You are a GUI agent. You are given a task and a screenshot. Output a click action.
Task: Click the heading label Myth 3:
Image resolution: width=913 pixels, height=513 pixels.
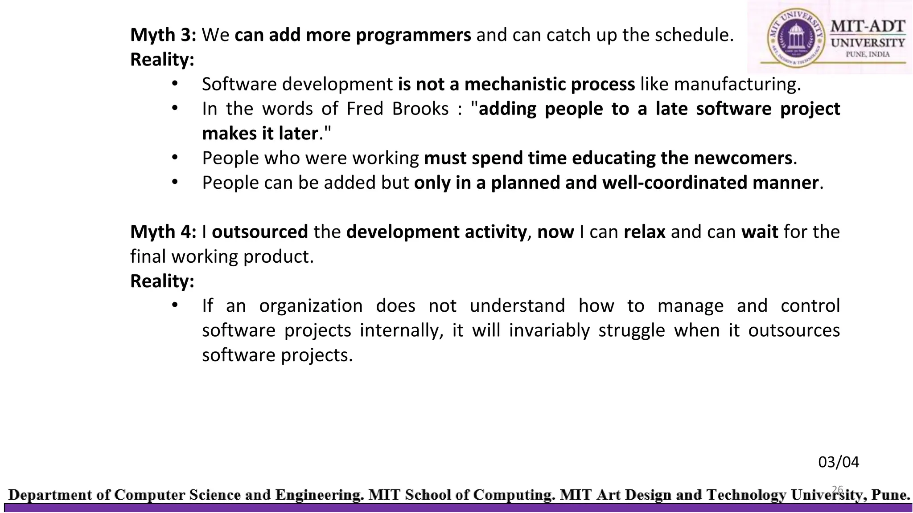[163, 35]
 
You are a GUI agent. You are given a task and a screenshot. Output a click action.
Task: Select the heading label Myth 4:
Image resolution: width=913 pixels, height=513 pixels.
[163, 232]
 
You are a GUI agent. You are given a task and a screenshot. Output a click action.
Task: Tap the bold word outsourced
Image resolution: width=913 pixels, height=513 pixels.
[260, 232]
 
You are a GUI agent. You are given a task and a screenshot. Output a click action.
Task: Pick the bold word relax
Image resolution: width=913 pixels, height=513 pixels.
[644, 232]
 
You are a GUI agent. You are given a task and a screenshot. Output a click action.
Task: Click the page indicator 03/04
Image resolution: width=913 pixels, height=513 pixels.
[838, 462]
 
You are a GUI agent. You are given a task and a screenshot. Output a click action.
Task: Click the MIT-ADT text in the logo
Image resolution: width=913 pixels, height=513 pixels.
[868, 26]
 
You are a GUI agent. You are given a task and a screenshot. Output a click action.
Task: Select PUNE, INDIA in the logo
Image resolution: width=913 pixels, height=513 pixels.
[868, 54]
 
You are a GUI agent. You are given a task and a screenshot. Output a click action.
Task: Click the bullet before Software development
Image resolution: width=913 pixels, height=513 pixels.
[175, 84]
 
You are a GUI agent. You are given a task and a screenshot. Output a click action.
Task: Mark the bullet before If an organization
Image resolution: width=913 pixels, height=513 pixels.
[175, 305]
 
